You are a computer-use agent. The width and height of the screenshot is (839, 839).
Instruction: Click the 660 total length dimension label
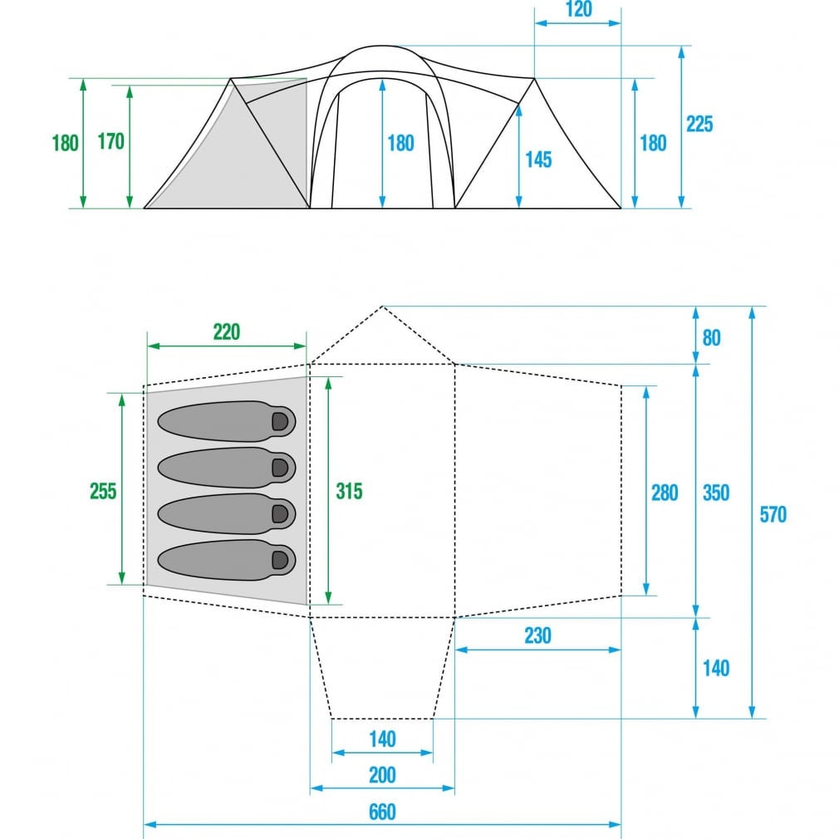(x=382, y=812)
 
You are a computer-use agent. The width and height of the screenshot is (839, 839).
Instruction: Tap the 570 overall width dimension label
(x=773, y=514)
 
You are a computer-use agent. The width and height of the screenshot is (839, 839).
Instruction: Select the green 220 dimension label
(x=227, y=331)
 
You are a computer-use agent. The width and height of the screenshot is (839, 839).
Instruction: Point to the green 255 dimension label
(x=103, y=491)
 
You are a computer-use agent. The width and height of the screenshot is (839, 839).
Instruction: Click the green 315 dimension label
(x=349, y=491)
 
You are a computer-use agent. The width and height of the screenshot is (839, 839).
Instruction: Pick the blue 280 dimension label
(x=665, y=493)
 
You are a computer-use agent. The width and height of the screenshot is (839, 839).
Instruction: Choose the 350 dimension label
(x=716, y=493)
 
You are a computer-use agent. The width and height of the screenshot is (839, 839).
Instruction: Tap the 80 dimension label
(x=711, y=337)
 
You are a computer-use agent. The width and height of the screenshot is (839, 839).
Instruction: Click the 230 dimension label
(x=537, y=635)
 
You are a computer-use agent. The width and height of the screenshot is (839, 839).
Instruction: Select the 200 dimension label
(x=382, y=775)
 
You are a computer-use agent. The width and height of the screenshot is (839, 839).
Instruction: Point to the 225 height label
(x=699, y=124)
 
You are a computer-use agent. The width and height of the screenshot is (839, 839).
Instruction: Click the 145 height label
(x=538, y=159)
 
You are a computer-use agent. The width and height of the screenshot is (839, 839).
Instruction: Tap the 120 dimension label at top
(x=578, y=9)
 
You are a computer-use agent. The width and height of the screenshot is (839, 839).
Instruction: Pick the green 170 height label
(x=110, y=141)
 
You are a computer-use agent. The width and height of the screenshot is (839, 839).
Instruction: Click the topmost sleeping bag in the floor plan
(x=226, y=421)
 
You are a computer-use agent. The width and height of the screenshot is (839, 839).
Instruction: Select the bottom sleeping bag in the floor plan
(x=226, y=560)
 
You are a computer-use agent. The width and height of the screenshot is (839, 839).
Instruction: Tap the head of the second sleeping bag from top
(x=281, y=468)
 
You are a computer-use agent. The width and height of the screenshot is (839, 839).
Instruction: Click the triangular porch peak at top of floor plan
(x=382, y=307)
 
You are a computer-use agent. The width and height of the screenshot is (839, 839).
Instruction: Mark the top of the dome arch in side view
(x=381, y=46)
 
